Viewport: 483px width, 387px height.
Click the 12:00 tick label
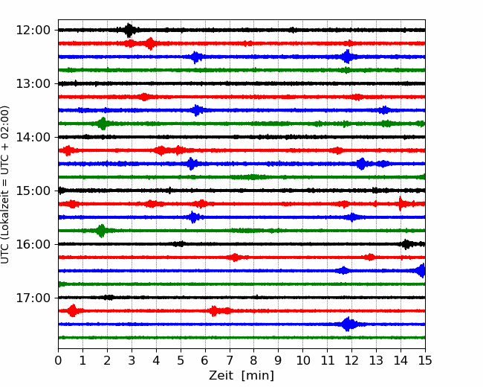(x=33, y=31)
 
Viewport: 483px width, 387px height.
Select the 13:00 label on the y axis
(x=33, y=83)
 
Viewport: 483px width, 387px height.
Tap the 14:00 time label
(x=33, y=137)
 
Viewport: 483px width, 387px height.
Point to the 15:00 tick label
(x=33, y=191)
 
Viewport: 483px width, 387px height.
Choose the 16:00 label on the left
(x=33, y=244)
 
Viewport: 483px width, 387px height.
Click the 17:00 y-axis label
(x=33, y=298)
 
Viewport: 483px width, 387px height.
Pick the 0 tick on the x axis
(x=58, y=360)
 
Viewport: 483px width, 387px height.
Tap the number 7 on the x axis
(x=230, y=360)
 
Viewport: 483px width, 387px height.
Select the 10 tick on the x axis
(x=302, y=360)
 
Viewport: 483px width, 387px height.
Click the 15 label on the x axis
(x=425, y=360)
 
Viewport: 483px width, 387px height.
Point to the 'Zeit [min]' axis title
(x=241, y=376)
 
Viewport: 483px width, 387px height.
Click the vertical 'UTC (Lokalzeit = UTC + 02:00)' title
(x=4, y=185)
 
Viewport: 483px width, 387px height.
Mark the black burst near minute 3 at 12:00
(x=129, y=30)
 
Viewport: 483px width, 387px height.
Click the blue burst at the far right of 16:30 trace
(x=421, y=271)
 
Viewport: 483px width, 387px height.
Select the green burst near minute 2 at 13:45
(x=103, y=124)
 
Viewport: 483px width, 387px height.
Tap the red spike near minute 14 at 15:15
(x=401, y=204)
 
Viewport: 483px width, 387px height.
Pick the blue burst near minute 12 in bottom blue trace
(x=348, y=324)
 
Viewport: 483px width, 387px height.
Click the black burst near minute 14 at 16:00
(x=406, y=244)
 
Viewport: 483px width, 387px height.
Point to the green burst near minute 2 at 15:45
(x=101, y=231)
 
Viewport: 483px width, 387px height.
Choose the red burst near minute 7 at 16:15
(x=235, y=258)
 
